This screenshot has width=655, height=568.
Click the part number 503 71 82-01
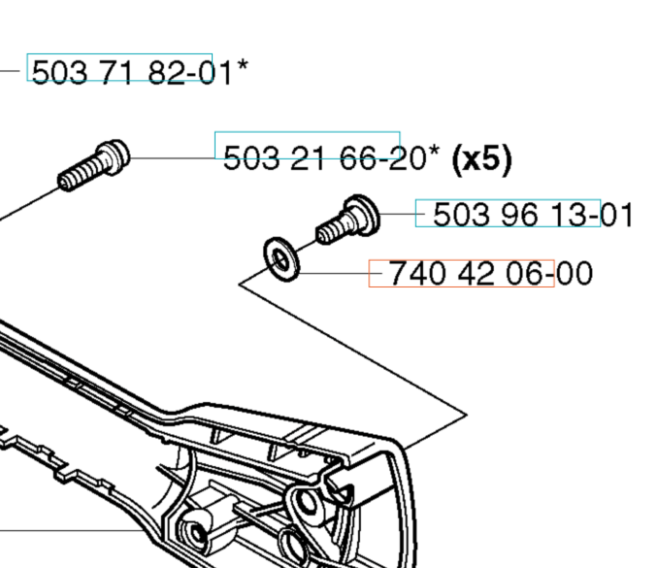132,73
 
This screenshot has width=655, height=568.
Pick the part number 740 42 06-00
491,273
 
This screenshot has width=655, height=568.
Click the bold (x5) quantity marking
482,159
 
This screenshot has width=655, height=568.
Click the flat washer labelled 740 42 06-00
282,260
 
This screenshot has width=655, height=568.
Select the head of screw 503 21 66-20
113,157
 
